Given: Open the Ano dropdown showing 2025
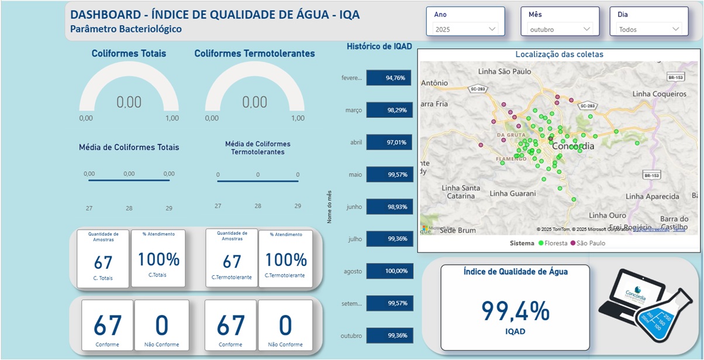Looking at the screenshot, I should point(465,29).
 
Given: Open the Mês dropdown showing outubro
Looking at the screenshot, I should point(560,29).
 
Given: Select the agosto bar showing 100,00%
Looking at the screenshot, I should point(389,271).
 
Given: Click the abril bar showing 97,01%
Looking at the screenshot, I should point(389,142).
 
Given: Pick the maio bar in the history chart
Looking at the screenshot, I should point(389,174).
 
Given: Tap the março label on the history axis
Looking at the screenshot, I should point(353,110).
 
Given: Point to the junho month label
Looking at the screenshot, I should point(354,207).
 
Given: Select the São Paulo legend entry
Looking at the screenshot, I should point(590,243).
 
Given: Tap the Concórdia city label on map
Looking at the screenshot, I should point(573,146).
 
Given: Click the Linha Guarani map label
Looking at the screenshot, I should point(512,193).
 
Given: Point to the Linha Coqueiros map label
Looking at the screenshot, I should point(659,94).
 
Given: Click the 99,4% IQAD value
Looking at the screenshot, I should point(515,311).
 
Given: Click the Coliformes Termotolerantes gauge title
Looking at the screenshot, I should point(254,54).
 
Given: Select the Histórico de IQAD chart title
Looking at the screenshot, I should point(379,47).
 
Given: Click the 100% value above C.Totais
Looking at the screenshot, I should point(158,259).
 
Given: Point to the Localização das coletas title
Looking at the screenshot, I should point(559,54).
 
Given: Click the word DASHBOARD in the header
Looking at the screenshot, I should point(107,15).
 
